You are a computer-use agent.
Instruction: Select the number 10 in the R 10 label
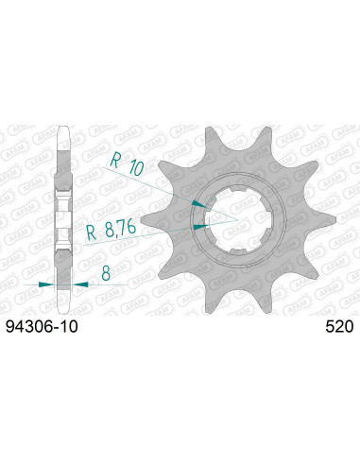[x=133, y=167]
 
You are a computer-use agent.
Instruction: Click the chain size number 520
[x=338, y=330]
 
